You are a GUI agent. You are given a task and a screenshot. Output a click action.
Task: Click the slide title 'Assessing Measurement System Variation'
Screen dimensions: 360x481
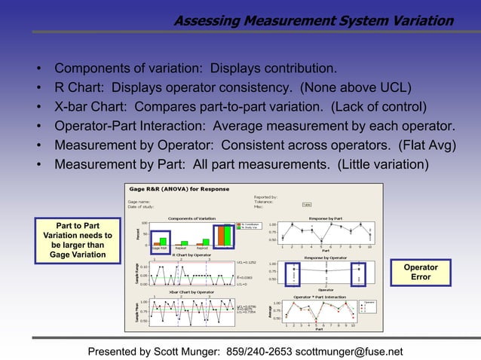(x=313, y=21)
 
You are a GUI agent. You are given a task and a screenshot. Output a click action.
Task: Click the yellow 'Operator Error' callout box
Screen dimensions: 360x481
(x=421, y=273)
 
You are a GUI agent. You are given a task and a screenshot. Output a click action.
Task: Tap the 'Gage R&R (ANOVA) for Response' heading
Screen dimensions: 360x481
(x=178, y=189)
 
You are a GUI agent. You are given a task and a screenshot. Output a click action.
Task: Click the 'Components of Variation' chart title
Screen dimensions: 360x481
(x=191, y=218)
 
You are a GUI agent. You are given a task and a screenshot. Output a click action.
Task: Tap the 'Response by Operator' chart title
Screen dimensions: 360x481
(x=325, y=257)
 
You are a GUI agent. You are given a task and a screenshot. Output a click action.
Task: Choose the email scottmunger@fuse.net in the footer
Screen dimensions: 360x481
(x=349, y=351)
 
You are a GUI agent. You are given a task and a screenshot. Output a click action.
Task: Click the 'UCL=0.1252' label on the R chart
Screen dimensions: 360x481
(x=247, y=263)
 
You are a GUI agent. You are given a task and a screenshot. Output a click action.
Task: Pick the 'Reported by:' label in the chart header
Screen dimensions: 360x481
(x=266, y=197)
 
